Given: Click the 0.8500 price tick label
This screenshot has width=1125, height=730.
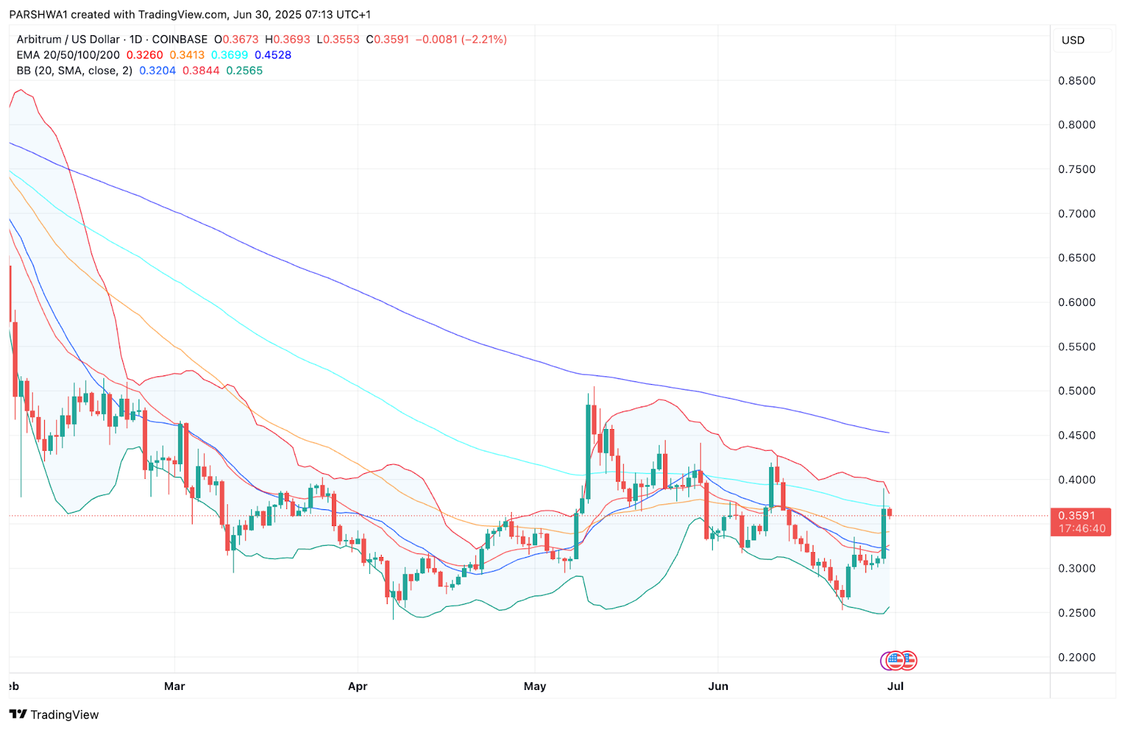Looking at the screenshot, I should click(1076, 81).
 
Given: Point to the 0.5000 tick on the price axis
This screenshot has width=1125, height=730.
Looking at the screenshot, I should click(1076, 391).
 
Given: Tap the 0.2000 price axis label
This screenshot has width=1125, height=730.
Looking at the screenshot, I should click(1076, 658).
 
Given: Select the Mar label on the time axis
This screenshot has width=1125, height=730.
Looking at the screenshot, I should click(174, 686).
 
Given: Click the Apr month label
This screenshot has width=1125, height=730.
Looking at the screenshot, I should click(357, 686).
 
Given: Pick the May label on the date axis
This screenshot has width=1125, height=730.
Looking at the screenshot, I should click(534, 686).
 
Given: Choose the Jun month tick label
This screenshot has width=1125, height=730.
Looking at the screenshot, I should click(718, 686).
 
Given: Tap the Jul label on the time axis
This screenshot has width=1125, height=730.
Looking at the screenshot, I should click(895, 686).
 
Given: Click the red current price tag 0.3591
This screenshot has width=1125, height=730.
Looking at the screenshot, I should click(1081, 516).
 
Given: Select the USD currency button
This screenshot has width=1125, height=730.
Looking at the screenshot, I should click(1073, 40).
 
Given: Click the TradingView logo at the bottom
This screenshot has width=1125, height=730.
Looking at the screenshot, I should click(54, 715).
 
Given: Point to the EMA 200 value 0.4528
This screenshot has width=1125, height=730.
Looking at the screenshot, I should click(273, 55).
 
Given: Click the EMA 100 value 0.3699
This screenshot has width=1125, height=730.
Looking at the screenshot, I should click(229, 55).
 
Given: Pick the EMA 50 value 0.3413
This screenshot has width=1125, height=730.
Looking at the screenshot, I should click(187, 55).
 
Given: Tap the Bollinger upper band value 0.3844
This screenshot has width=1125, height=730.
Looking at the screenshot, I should click(201, 70).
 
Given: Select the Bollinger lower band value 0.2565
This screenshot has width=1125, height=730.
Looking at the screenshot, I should click(244, 70).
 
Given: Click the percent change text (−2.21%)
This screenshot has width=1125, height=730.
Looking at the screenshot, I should click(484, 39).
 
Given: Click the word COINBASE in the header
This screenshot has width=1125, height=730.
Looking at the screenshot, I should click(180, 39).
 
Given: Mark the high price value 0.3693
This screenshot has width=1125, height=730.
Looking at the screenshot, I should click(291, 39).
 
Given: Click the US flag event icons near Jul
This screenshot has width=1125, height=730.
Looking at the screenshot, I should click(899, 660).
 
